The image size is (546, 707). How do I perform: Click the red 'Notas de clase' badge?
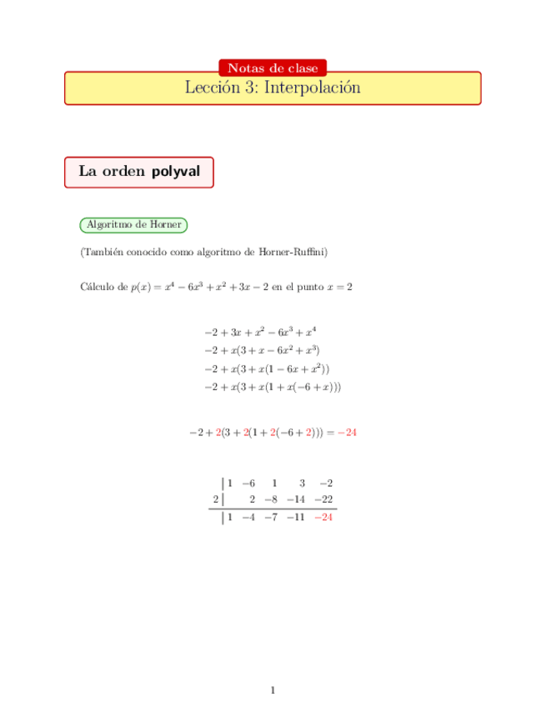pos(273,68)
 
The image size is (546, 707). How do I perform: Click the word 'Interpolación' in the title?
pos(312,88)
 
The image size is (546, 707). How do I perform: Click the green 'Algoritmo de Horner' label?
pos(133,224)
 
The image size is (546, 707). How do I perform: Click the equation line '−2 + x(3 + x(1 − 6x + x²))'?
pos(267,369)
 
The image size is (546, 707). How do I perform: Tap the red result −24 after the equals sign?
pos(348,433)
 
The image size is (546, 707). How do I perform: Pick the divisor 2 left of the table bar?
pos(215,499)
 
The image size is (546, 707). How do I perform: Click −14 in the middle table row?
pos(296,499)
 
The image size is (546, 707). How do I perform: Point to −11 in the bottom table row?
pos(296,517)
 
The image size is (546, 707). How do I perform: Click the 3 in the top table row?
pos(303,483)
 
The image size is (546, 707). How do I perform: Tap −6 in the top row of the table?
pos(248,483)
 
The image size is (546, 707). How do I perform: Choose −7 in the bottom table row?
pos(271,517)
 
